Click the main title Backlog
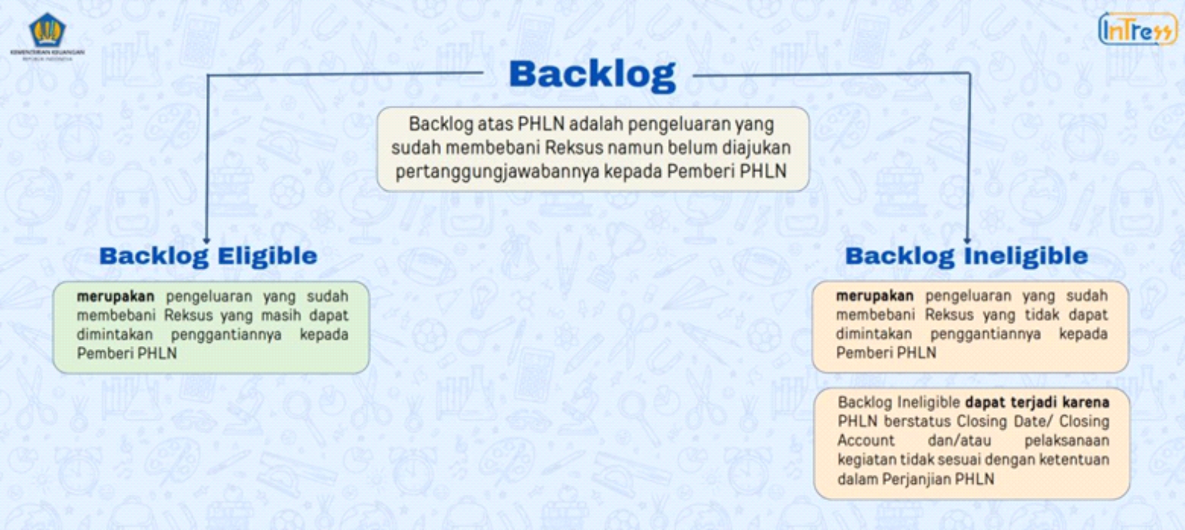pos(592,75)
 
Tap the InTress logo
pos(1138,29)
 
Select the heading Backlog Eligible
pos(208,256)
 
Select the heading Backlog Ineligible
pos(966,256)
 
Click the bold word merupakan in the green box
pos(115,296)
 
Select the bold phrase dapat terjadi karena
pos(1037,402)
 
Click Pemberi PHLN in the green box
pos(126,354)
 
